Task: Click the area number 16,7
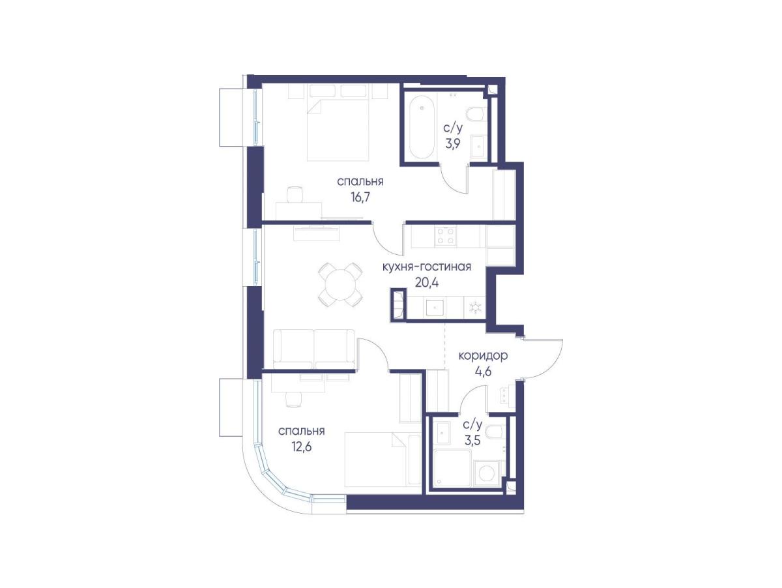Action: point(360,197)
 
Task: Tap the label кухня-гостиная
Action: point(427,267)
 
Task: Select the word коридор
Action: point(483,356)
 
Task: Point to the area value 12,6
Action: point(302,446)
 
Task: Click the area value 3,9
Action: point(452,143)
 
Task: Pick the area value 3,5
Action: point(472,441)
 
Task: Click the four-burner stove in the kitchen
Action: point(446,236)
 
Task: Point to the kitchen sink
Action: point(435,308)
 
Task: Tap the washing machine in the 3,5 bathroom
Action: point(486,474)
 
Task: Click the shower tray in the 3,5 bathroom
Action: point(452,468)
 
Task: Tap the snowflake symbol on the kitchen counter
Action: point(475,308)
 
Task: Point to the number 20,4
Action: point(426,283)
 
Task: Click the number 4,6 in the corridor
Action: point(483,372)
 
